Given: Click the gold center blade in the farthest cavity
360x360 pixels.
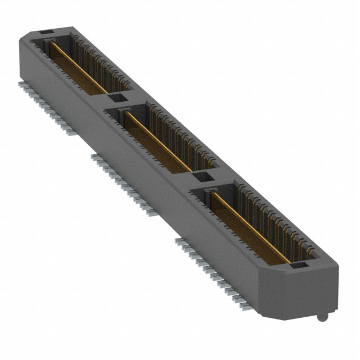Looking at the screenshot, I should coord(78,66).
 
